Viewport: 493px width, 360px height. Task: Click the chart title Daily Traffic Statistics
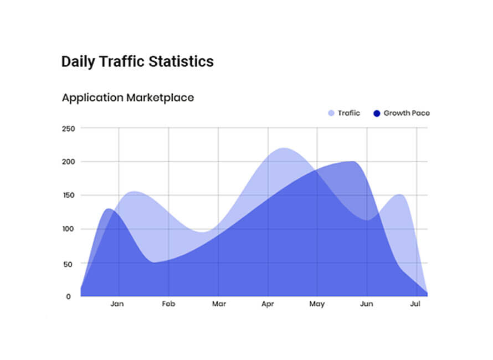137,61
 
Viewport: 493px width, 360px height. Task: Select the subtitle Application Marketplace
128,98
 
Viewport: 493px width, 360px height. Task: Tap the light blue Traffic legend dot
331,113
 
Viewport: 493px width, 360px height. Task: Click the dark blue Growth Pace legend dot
377,113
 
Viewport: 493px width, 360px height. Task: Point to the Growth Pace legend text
406,113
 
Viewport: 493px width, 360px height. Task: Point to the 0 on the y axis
69,296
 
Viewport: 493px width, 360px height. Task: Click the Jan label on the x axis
117,304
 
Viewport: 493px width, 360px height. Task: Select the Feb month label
168,304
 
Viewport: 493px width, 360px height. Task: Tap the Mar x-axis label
219,304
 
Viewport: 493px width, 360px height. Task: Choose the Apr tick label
268,304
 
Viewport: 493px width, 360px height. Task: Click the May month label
317,304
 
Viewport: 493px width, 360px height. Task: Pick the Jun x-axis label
366,304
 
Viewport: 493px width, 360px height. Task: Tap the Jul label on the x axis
415,304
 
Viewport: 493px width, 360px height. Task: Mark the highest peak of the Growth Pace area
352,162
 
